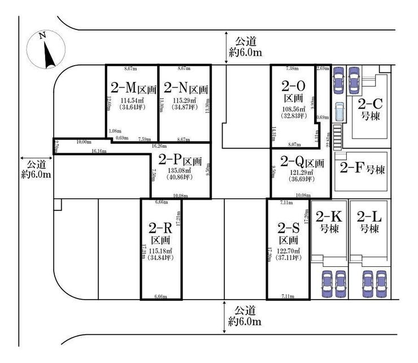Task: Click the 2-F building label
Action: pyautogui.click(x=362, y=168)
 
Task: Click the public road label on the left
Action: pyautogui.click(x=36, y=168)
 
